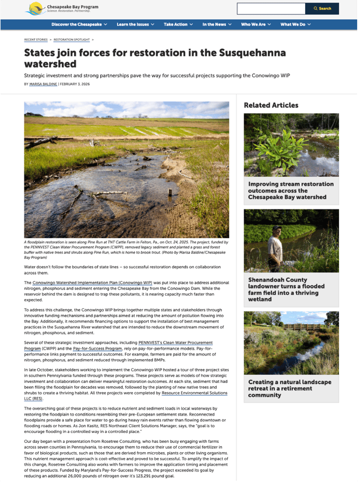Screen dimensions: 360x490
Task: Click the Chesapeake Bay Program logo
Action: click(61, 8)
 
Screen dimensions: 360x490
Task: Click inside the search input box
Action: click(271, 9)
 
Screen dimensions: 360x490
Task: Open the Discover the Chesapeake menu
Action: click(79, 24)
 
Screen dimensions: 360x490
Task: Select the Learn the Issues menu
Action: click(135, 24)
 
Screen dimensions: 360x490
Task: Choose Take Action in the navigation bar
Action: click(178, 24)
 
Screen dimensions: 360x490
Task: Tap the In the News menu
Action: click(217, 24)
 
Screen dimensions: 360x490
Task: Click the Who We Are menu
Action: click(256, 24)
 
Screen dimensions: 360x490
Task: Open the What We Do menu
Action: click(295, 24)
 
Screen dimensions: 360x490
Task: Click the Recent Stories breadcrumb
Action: click(36, 40)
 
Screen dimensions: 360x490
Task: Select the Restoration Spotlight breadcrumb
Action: click(71, 40)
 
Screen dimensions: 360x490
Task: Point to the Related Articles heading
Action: click(271, 105)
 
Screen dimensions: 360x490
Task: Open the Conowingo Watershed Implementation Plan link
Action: click(92, 282)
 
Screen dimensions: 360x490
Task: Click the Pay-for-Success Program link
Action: click(97, 348)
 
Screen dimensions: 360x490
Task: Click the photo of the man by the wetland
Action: click(291, 241)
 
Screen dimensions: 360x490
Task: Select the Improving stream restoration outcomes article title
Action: click(291, 190)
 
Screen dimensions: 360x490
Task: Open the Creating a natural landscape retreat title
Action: click(290, 388)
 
